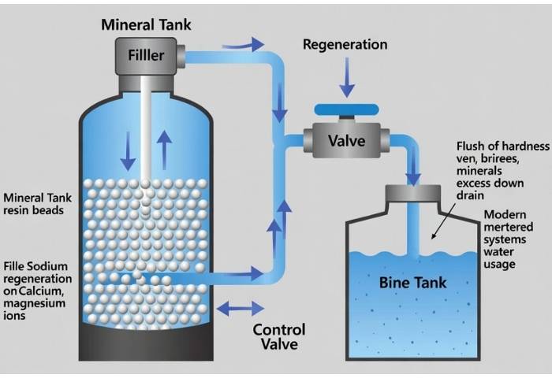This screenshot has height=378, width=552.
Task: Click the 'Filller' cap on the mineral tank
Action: (147, 56)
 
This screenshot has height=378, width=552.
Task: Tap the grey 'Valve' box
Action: (346, 142)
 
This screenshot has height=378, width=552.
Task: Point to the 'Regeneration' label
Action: (345, 45)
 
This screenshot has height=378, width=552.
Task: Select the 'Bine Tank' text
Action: (412, 283)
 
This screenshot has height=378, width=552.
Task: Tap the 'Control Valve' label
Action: (278, 337)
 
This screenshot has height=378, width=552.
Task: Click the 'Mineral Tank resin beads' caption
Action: (35, 205)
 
